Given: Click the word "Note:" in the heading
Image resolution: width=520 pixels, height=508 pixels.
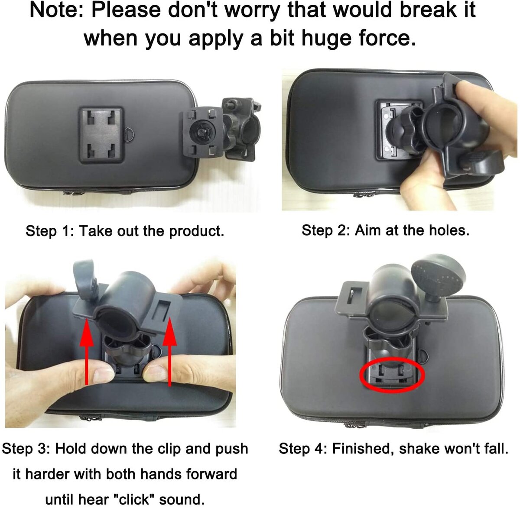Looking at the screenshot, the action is coord(57,10).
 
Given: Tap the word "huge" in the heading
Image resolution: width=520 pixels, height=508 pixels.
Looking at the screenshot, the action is coord(327,39).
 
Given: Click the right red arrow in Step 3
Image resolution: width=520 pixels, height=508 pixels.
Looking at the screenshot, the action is coord(169,352).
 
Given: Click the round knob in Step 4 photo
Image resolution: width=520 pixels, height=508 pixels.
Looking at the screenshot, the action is coord(438,278).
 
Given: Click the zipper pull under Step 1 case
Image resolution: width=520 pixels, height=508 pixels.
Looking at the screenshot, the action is coord(70,192).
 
